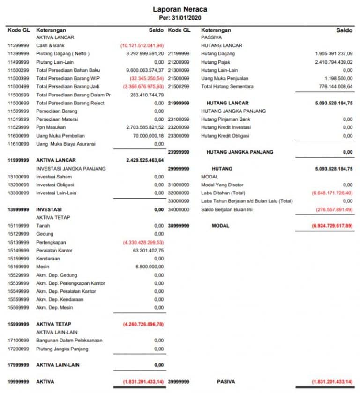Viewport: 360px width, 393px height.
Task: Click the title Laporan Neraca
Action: pyautogui.click(x=180, y=9)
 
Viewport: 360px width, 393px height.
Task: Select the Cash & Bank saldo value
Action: pyautogui.click(x=142, y=45)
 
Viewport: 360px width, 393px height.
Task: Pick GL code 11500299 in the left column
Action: pyautogui.click(x=19, y=70)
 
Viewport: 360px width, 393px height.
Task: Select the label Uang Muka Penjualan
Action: pyautogui.click(x=225, y=78)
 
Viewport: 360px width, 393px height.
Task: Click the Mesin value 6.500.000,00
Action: pyautogui.click(x=150, y=267)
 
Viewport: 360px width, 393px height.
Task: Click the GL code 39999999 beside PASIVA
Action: pyautogui.click(x=179, y=382)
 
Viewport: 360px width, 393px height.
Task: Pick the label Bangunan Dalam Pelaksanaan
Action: pyautogui.click(x=69, y=341)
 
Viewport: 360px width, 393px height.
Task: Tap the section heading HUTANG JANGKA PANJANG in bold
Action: pyautogui.click(x=240, y=152)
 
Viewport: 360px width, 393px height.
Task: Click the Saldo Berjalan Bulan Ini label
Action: pyautogui.click(x=227, y=209)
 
